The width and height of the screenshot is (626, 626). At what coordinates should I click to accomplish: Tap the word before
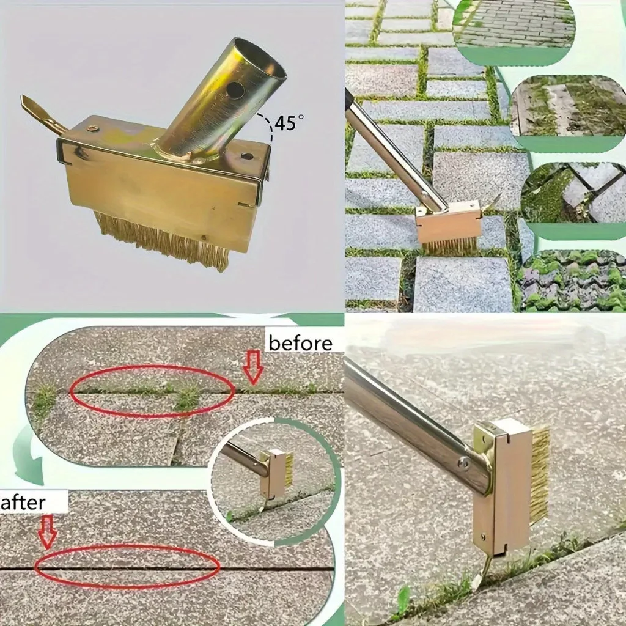click(300, 344)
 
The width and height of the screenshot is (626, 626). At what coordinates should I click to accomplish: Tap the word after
click(24, 503)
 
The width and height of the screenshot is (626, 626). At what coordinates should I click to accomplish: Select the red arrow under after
click(48, 531)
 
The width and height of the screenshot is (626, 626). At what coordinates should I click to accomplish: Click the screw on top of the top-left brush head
click(92, 128)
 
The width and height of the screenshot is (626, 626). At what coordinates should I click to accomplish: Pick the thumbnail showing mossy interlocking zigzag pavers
click(572, 281)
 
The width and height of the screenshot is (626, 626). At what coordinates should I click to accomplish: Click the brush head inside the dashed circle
click(276, 474)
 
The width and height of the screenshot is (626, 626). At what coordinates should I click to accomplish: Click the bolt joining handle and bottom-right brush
click(463, 463)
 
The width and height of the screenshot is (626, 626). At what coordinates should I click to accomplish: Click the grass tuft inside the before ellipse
click(188, 398)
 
